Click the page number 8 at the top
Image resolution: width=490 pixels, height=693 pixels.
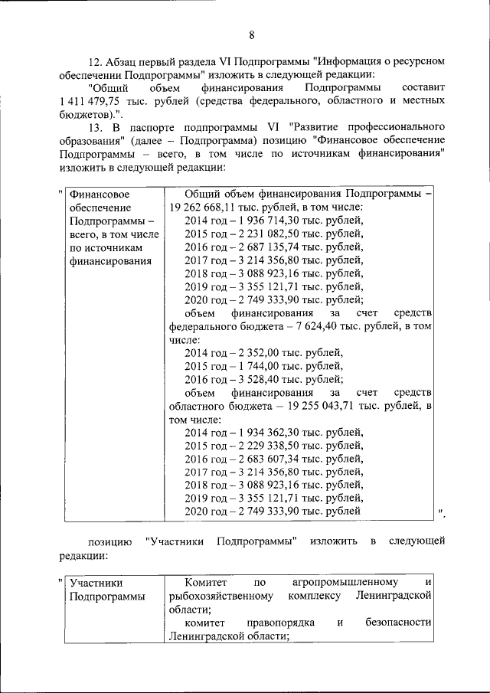coord(251,33)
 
